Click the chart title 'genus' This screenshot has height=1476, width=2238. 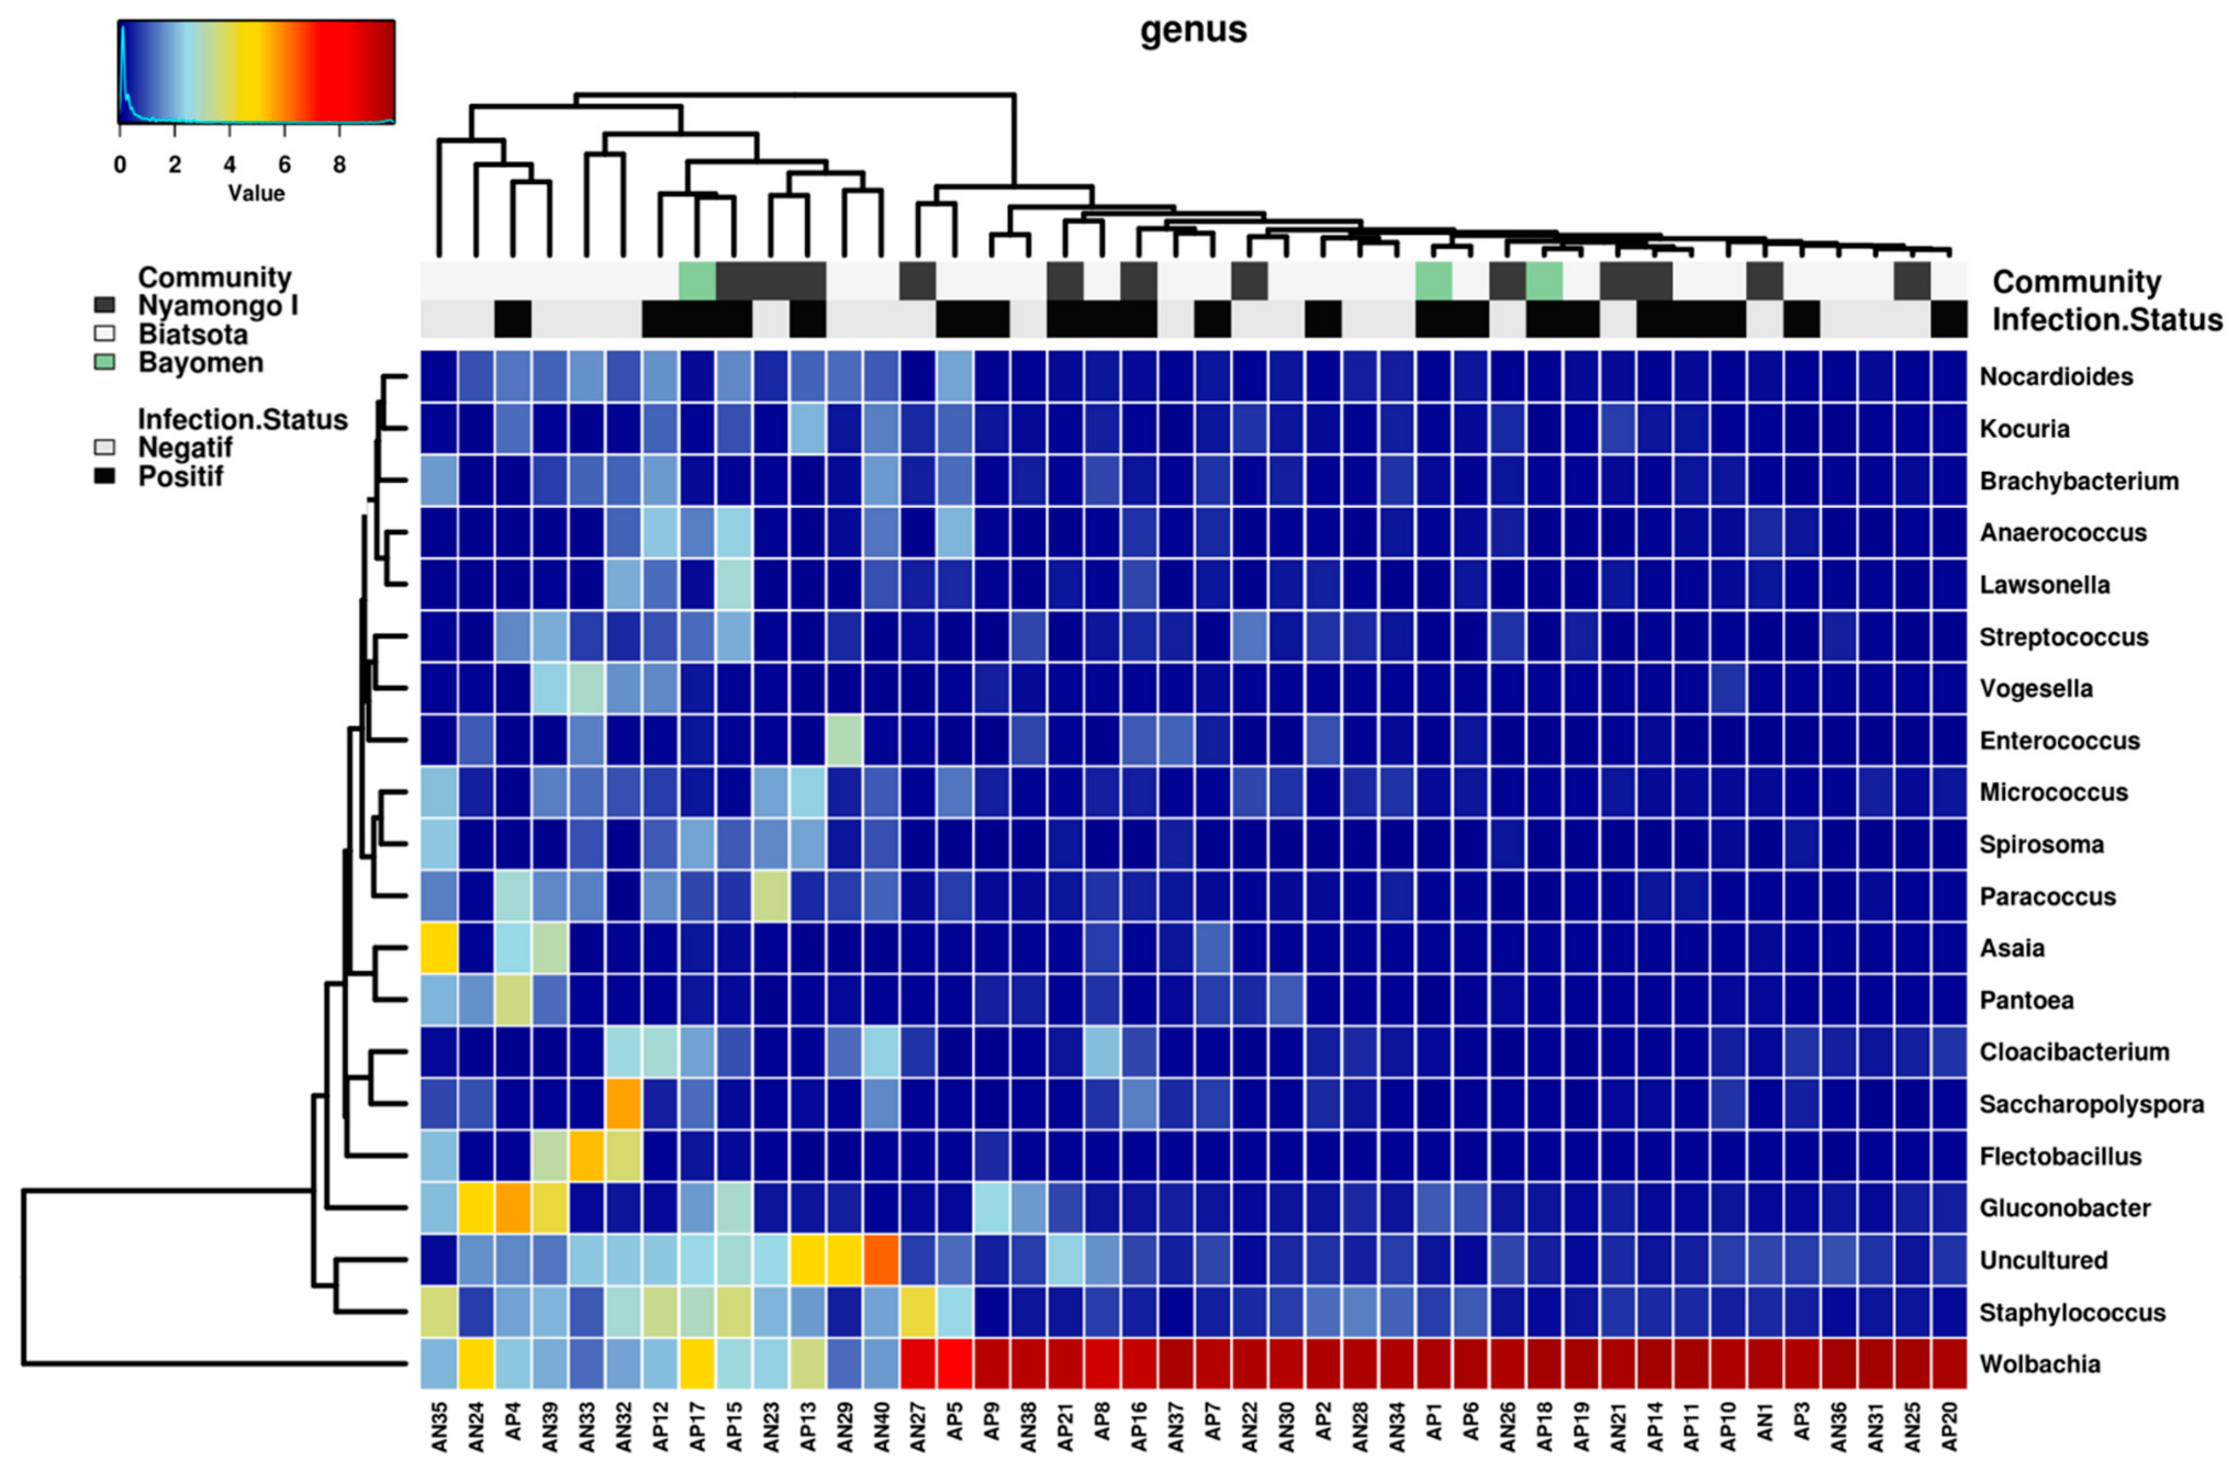pos(1193,30)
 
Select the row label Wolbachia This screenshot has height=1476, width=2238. pos(2039,1364)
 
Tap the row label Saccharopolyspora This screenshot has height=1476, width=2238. pos(2090,1104)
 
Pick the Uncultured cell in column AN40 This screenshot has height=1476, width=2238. pos(881,1260)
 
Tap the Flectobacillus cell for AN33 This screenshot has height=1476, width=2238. pos(586,1156)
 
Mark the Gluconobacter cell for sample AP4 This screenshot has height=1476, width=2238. pos(513,1208)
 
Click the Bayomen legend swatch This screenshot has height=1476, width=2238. pos(104,362)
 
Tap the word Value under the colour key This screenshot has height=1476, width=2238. pos(256,193)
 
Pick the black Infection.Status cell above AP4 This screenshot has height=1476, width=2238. pos(513,319)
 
